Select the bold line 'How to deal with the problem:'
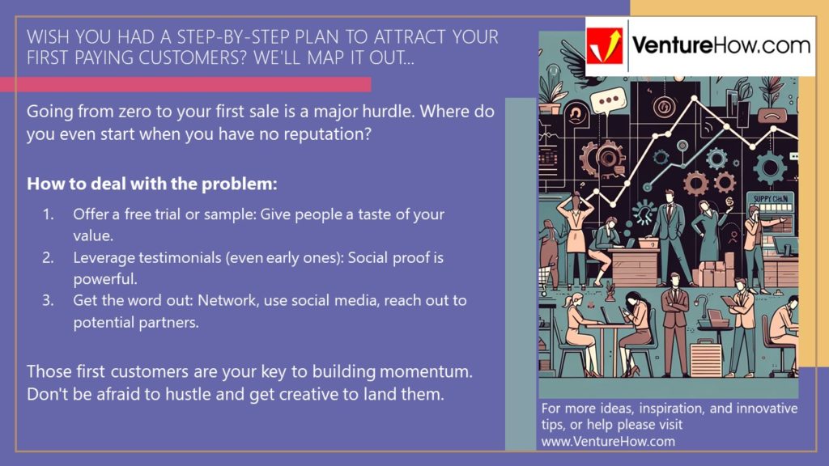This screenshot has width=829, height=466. pyautogui.click(x=152, y=184)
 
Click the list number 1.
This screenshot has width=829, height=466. pyautogui.click(x=49, y=215)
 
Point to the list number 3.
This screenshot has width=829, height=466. pyautogui.click(x=49, y=301)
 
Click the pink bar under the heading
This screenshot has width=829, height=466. pyautogui.click(x=185, y=84)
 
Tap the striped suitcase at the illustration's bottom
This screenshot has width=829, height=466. pyautogui.click(x=705, y=357)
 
